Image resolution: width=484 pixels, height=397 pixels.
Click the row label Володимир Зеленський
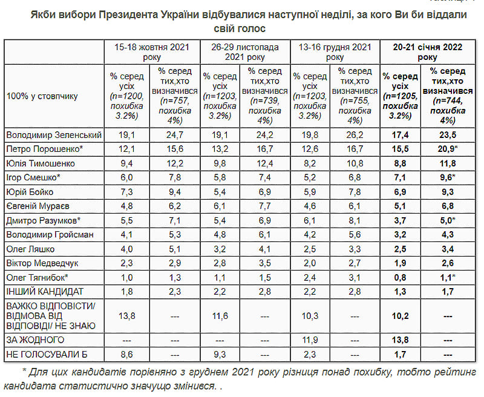(53, 134)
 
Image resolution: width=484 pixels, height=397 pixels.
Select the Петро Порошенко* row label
(44, 148)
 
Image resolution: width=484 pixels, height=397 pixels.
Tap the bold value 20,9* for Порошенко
(448, 148)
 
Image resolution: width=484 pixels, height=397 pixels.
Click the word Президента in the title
(136, 13)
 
